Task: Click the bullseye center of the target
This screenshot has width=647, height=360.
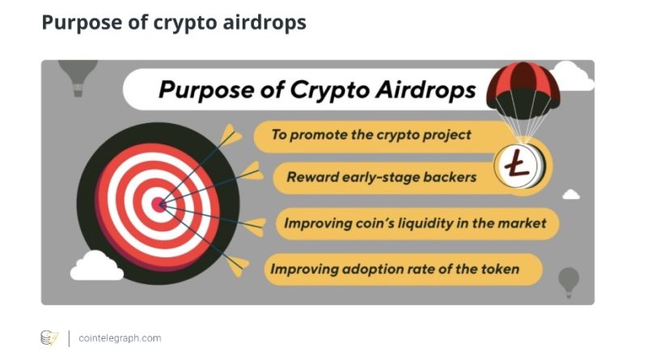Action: (159, 204)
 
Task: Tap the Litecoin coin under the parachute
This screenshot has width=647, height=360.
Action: (520, 166)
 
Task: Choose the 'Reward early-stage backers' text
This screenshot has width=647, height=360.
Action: (381, 177)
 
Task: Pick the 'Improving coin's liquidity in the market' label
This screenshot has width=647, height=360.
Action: (415, 223)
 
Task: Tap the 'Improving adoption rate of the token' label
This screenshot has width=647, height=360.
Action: (395, 269)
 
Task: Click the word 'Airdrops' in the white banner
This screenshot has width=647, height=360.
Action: (425, 90)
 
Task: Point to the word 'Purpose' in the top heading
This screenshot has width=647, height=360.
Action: (82, 23)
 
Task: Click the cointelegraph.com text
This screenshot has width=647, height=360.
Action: (120, 338)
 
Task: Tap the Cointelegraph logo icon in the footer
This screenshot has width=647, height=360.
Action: (49, 337)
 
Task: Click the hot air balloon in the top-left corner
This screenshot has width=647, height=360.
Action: (78, 77)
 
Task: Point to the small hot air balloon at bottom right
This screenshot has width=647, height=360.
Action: (569, 282)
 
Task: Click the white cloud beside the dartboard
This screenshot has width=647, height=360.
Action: (97, 266)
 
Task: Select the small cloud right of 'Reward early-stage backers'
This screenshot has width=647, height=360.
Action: (571, 194)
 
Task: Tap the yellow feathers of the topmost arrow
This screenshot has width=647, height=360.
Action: (230, 134)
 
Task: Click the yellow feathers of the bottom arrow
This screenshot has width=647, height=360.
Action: (237, 265)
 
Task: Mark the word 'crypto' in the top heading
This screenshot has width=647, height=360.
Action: (186, 23)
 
